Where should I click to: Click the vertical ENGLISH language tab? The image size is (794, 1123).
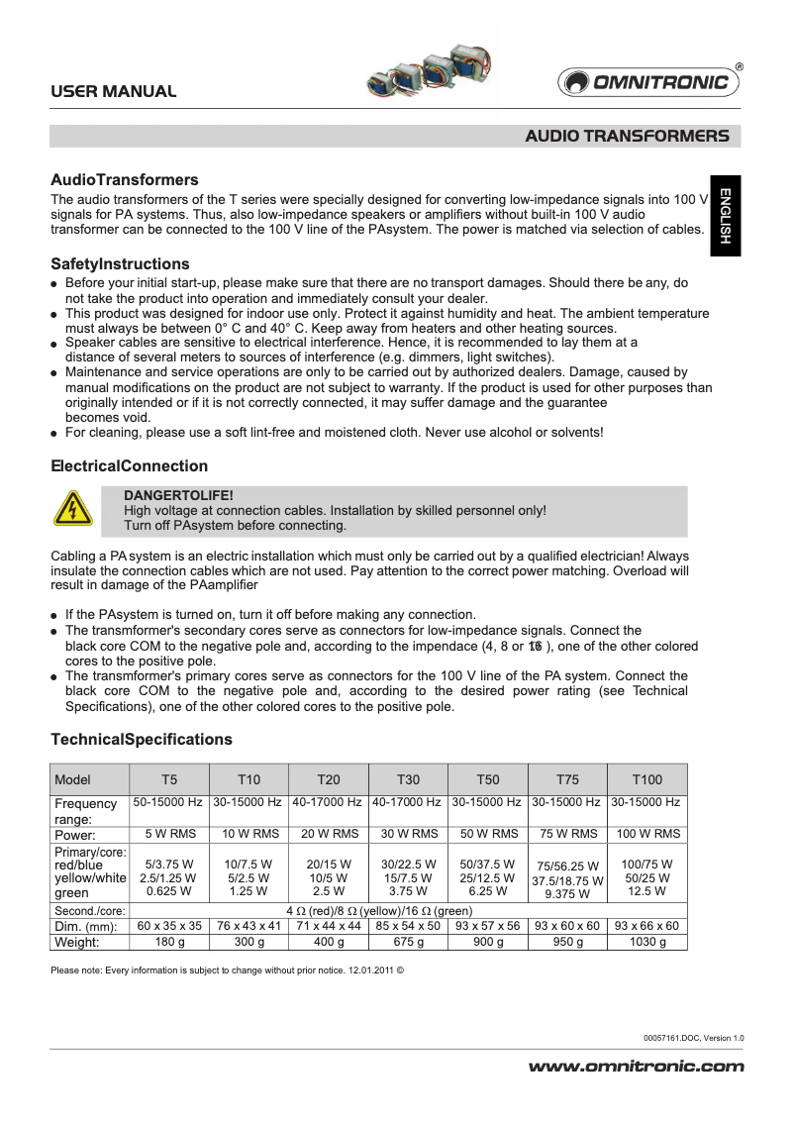coord(725,216)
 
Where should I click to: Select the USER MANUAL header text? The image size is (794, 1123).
coord(114,91)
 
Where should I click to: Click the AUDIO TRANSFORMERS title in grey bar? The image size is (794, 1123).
coord(627,136)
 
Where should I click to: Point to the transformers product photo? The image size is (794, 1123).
coord(429,70)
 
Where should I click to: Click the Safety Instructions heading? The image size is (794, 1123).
coord(120,264)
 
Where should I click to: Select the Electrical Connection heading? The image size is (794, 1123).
coord(129,466)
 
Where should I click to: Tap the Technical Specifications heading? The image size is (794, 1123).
coord(141,740)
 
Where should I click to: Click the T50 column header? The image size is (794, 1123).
coord(488,779)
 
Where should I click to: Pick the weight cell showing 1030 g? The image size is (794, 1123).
coord(647,942)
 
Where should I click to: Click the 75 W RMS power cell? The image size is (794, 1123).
coord(567,834)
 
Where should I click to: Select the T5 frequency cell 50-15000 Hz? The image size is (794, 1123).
coord(169,802)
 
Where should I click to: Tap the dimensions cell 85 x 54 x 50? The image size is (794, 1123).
coord(408,926)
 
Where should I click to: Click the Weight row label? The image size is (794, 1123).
coord(80,942)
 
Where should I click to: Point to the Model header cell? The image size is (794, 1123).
coord(73,779)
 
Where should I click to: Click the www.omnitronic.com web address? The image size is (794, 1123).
coord(637,1067)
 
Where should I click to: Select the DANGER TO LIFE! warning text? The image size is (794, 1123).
coord(178,494)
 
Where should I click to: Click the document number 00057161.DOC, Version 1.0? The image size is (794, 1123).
coord(693,1037)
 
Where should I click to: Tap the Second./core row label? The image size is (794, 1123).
coord(89,911)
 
